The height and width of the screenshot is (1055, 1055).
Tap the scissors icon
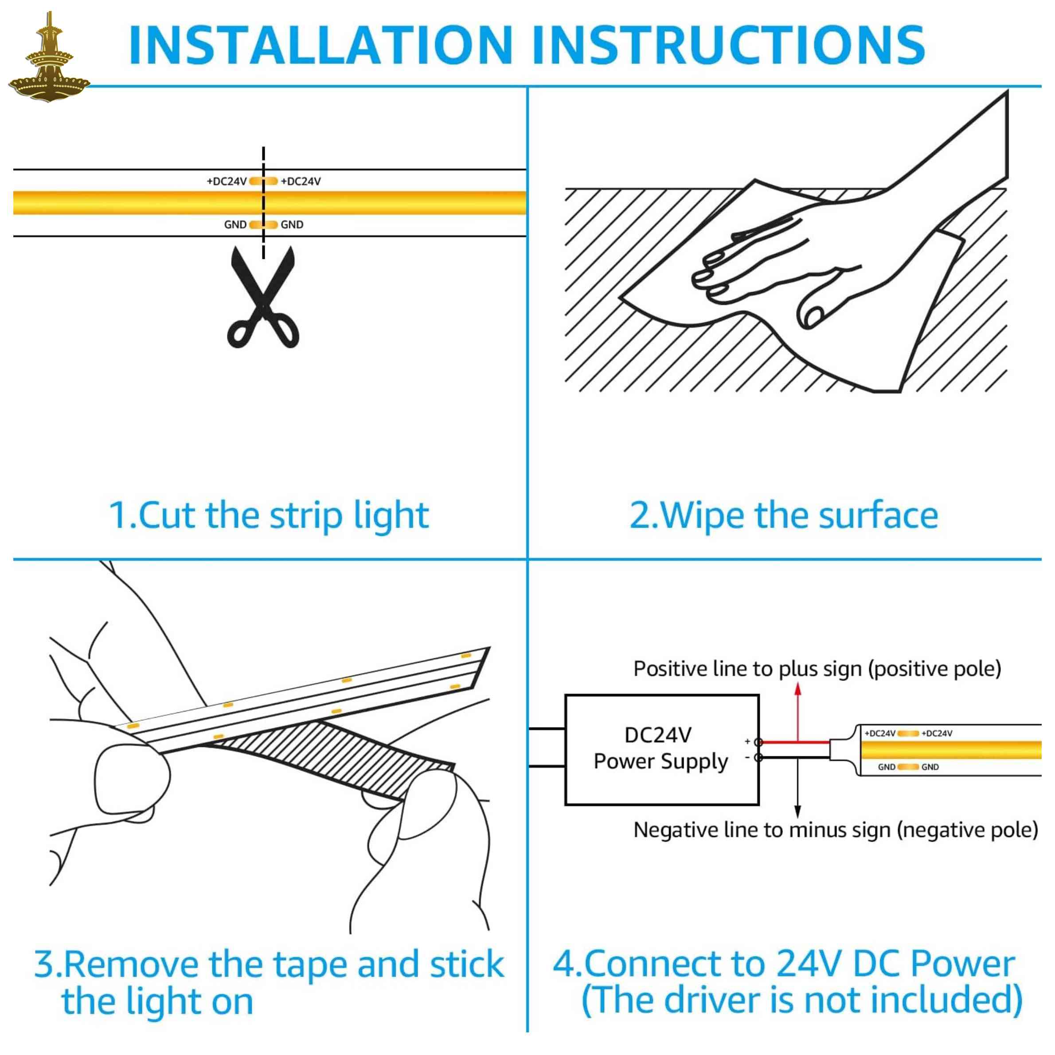[x=263, y=297]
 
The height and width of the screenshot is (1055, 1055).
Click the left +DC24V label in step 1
[x=227, y=181]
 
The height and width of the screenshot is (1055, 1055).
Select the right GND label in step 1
[x=292, y=224]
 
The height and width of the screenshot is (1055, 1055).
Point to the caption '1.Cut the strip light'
[x=269, y=516]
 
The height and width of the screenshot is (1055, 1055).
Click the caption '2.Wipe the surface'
[x=784, y=516]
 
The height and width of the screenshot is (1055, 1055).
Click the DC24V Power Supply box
[x=662, y=750]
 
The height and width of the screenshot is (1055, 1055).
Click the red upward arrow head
[x=798, y=689]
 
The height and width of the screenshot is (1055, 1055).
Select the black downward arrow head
[x=798, y=812]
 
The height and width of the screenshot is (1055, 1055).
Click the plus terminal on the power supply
[x=758, y=742]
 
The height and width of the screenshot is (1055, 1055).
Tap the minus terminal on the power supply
[x=758, y=758]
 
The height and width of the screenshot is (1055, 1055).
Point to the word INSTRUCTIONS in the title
[x=728, y=45]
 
